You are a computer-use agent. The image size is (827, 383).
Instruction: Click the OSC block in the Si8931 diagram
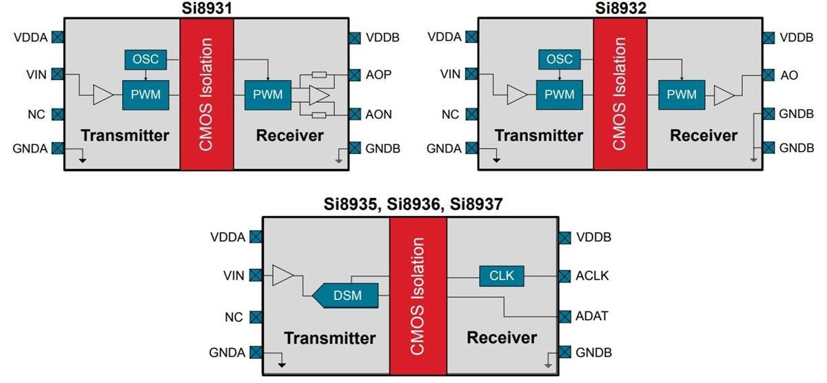145,59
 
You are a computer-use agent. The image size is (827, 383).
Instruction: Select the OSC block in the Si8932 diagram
559,59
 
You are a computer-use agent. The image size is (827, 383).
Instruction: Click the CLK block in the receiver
501,276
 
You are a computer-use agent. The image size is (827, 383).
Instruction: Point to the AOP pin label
378,75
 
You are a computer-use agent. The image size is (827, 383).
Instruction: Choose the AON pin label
378,115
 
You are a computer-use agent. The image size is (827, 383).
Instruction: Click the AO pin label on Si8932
789,75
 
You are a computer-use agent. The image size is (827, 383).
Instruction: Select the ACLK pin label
592,276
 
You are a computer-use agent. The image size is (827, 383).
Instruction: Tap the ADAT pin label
592,316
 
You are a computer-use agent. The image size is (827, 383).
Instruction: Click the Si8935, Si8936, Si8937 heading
413,204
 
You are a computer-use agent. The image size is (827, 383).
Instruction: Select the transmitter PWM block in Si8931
145,95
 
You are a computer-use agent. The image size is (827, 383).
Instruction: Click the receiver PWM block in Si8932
681,95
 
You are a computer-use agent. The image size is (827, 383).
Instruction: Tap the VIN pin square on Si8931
58,74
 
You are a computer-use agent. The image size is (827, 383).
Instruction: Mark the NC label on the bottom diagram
234,317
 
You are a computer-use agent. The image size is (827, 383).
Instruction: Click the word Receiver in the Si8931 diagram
289,135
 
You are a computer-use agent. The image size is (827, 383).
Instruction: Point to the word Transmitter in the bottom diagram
329,338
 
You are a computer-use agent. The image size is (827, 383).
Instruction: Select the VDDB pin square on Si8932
768,37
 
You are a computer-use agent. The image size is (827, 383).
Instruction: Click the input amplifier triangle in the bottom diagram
283,276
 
